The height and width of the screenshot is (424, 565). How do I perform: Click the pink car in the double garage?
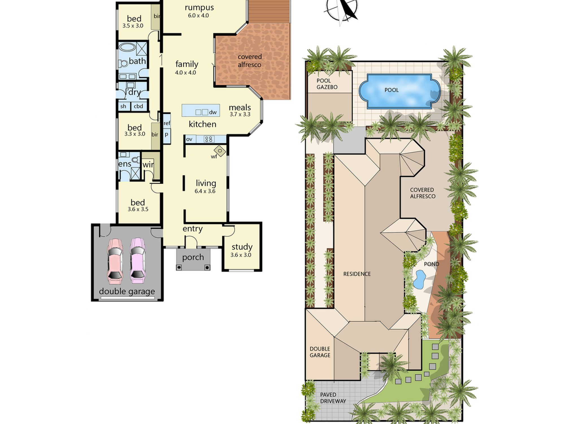(x=115, y=261)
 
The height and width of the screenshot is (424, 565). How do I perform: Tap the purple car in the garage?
(x=137, y=261)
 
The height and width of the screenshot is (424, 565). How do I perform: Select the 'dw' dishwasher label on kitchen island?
(x=213, y=112)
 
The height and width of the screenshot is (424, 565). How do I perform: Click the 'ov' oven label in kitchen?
(x=189, y=139)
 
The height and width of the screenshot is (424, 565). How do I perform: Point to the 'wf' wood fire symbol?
(x=220, y=151)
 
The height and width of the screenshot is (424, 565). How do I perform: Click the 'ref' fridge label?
(x=167, y=123)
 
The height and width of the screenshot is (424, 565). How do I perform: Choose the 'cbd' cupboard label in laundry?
(x=138, y=106)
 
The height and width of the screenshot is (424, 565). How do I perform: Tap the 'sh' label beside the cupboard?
(x=123, y=106)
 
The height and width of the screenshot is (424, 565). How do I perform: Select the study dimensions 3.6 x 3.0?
(x=241, y=255)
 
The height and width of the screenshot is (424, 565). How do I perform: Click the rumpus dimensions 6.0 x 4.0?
(x=198, y=16)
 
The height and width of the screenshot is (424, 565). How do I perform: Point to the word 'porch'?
(x=193, y=257)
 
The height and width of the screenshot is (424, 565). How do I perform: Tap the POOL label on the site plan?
(x=392, y=90)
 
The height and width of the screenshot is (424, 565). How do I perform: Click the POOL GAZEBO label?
(x=327, y=84)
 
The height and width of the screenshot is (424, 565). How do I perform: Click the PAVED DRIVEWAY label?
(x=333, y=398)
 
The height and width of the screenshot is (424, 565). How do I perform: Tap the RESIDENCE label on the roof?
(x=357, y=274)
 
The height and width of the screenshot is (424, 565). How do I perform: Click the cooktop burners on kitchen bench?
(x=209, y=139)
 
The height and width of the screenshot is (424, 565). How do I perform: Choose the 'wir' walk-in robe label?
(x=148, y=165)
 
